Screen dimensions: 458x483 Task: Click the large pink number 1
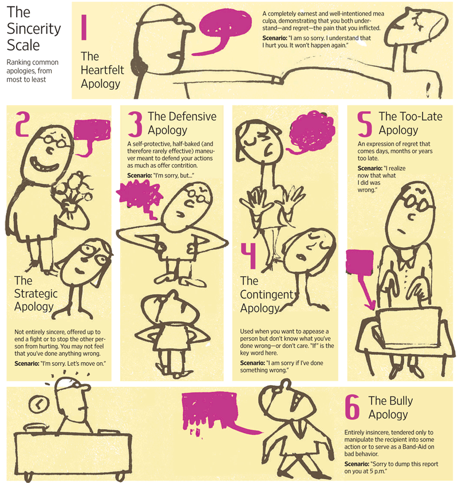click(x=84, y=27)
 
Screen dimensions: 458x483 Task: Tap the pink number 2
click(x=22, y=124)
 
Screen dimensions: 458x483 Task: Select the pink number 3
click(x=135, y=124)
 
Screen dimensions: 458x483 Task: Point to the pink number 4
click(x=248, y=255)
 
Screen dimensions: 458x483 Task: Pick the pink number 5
click(x=365, y=124)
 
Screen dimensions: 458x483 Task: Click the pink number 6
click(x=352, y=407)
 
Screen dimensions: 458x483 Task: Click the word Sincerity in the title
click(x=34, y=29)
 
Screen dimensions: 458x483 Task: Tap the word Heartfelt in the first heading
click(x=102, y=70)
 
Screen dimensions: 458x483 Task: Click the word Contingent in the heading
click(x=266, y=295)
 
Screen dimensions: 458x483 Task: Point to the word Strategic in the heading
click(x=35, y=294)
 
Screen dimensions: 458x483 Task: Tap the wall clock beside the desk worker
click(x=39, y=405)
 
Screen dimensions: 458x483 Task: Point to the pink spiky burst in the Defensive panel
click(x=139, y=197)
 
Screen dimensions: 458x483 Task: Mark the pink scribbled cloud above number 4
click(x=312, y=132)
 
